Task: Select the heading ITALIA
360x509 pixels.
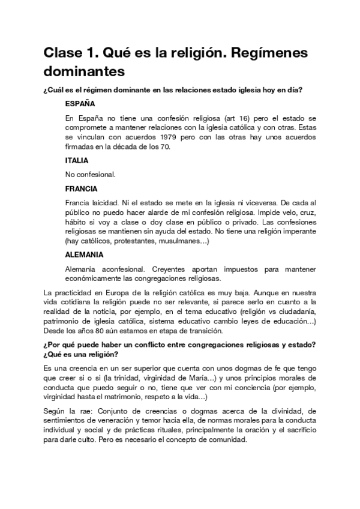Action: tap(77, 160)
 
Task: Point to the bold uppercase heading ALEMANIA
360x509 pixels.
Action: tap(83, 254)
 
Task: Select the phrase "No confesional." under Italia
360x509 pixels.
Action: tap(90, 175)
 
